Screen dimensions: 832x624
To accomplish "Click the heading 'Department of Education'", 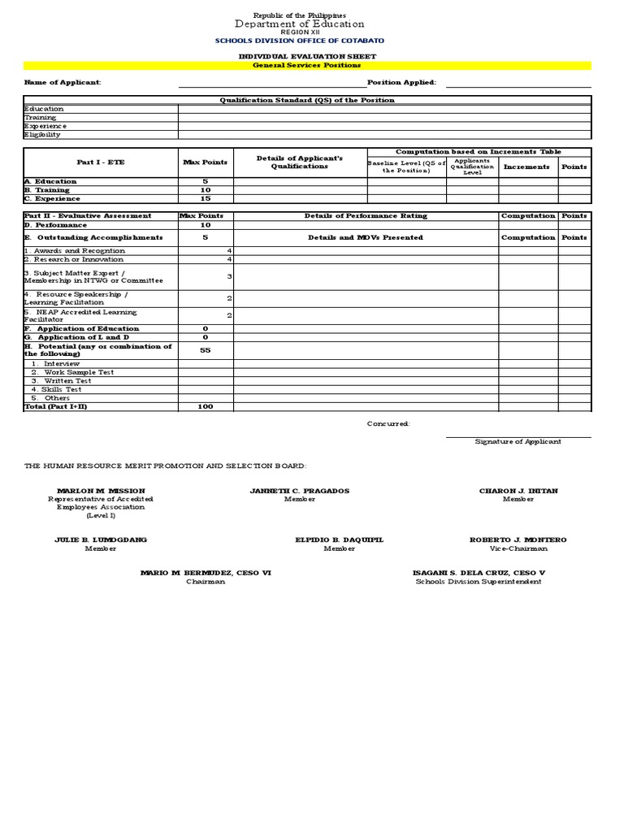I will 300,24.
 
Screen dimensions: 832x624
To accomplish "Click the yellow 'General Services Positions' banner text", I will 307,65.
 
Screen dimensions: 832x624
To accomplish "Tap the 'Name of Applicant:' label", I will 63,82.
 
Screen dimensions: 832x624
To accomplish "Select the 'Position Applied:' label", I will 401,82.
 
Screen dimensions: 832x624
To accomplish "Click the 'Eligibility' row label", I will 42,135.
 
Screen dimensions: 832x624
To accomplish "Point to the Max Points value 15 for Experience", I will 206,198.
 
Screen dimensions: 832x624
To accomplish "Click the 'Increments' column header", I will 526,167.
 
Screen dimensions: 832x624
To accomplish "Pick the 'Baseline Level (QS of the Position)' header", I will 406,167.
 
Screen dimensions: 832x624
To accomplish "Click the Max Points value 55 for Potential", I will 206,350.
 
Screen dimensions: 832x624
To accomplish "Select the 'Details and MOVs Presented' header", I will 366,237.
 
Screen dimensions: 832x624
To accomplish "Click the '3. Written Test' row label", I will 61,380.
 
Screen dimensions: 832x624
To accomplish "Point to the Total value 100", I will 206,406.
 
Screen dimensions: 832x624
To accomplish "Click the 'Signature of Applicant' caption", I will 518,441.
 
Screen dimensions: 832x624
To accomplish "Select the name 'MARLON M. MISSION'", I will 101,491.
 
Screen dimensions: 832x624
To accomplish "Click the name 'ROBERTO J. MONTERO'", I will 518,539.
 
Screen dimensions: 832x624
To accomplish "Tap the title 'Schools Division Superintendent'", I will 478,582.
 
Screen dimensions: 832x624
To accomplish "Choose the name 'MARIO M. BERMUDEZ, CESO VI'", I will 206,573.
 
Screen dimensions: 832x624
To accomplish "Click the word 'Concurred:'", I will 388,423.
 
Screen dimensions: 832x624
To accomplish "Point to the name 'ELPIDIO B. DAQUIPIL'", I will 339,539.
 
